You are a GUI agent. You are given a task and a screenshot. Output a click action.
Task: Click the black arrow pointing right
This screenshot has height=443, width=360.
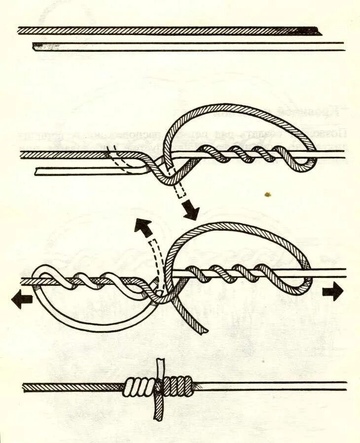(x=333, y=292)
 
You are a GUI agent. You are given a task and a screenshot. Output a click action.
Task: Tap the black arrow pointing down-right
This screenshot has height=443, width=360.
(x=190, y=210)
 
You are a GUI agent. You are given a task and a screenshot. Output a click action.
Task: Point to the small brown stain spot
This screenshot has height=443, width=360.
(x=268, y=194)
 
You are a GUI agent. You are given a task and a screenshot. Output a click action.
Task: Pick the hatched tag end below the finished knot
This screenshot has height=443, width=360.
(x=157, y=409)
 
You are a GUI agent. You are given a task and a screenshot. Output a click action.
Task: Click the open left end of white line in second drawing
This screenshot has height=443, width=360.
(x=38, y=171)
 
